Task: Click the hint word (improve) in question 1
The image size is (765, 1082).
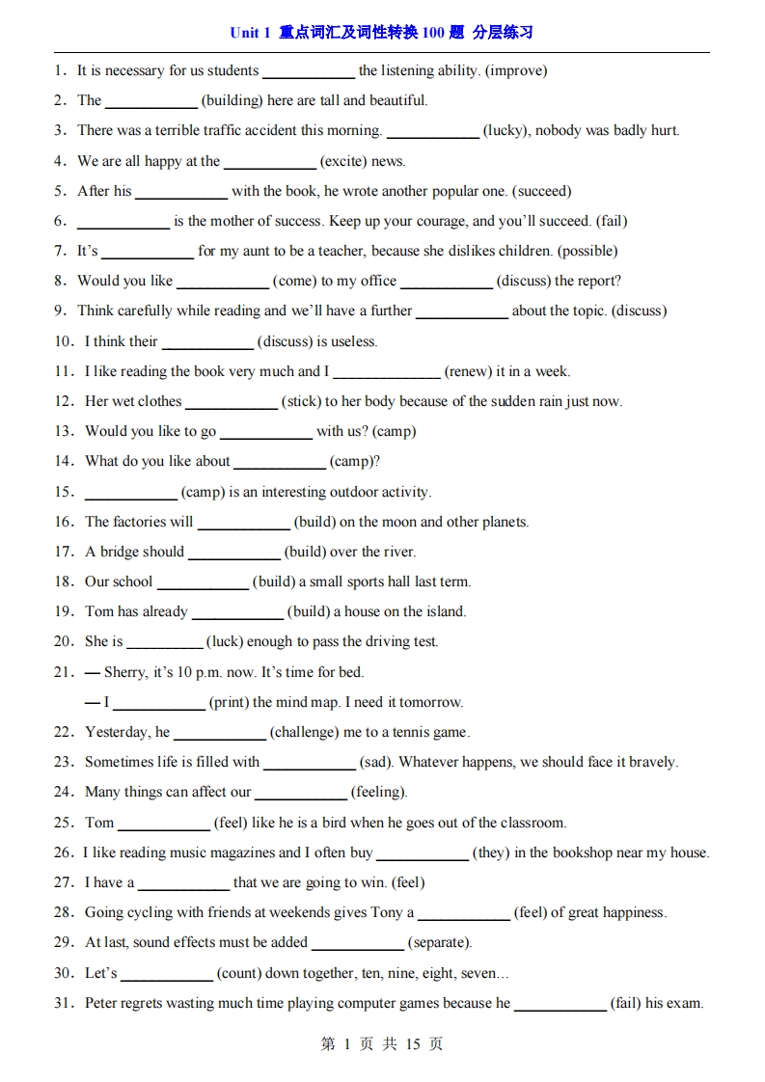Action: (x=517, y=70)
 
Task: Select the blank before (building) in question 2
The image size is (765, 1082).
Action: (x=150, y=101)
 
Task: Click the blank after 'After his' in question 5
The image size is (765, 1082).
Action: (x=180, y=192)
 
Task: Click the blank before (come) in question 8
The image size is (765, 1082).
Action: (x=222, y=282)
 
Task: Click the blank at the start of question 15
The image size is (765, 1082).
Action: (x=130, y=493)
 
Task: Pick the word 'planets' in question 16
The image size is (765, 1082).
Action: (x=503, y=522)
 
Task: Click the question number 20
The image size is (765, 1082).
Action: (x=64, y=641)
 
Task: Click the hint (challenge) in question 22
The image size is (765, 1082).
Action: (x=304, y=732)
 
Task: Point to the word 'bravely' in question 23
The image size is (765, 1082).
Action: (x=651, y=762)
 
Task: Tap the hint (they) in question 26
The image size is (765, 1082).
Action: (x=491, y=852)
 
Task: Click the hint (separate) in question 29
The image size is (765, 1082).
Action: (x=439, y=942)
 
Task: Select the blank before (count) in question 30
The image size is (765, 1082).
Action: (x=166, y=974)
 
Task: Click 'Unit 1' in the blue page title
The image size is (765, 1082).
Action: (x=250, y=33)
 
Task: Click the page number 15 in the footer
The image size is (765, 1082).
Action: (x=412, y=1044)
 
